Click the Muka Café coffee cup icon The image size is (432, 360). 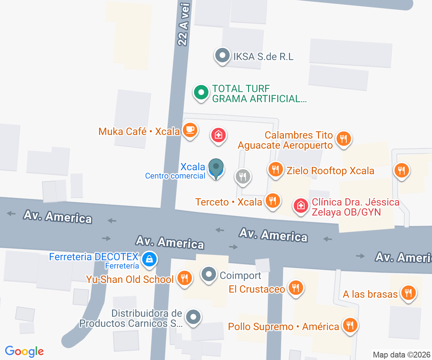pyautogui.click(x=190, y=130)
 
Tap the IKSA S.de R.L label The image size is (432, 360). pyautogui.click(x=264, y=57)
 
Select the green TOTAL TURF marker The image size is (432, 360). pyautogui.click(x=201, y=93)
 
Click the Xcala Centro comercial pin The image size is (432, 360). pyautogui.click(x=216, y=168)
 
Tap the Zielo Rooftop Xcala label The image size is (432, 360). pyautogui.click(x=330, y=171)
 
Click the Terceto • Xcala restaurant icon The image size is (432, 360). pyautogui.click(x=273, y=200)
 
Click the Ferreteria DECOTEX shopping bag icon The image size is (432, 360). pyautogui.click(x=148, y=259)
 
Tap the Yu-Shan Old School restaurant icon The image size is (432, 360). pyautogui.click(x=185, y=278)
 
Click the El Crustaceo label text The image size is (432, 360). pyautogui.click(x=257, y=289)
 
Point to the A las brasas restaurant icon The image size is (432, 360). pyautogui.click(x=408, y=293)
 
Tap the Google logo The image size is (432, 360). pyautogui.click(x=24, y=351)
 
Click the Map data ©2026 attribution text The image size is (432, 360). pyautogui.click(x=401, y=355)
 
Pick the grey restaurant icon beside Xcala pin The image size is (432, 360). pyautogui.click(x=243, y=176)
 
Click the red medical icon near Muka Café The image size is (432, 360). pyautogui.click(x=218, y=135)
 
